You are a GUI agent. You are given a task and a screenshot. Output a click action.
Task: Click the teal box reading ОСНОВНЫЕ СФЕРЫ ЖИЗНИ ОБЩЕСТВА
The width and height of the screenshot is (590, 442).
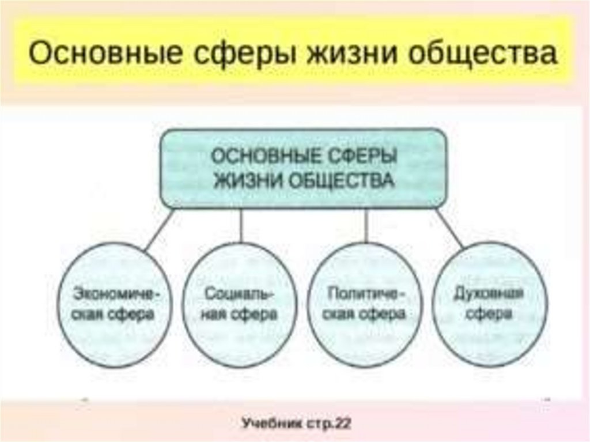pyautogui.click(x=303, y=168)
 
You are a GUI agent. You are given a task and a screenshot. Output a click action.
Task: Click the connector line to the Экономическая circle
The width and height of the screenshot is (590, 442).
pyautogui.click(x=158, y=229)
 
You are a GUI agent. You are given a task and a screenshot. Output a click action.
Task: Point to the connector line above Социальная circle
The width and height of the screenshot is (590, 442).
pyautogui.click(x=241, y=225)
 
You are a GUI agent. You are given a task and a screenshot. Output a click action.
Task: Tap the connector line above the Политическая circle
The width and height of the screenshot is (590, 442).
pyautogui.click(x=366, y=225)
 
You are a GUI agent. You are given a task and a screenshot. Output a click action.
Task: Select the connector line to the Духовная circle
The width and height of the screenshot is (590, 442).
pyautogui.click(x=449, y=229)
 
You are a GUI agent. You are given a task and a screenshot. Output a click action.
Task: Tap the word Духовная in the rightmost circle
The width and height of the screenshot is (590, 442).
pyautogui.click(x=489, y=294)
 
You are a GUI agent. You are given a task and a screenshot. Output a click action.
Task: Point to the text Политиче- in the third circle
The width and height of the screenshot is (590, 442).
pyautogui.click(x=366, y=294)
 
